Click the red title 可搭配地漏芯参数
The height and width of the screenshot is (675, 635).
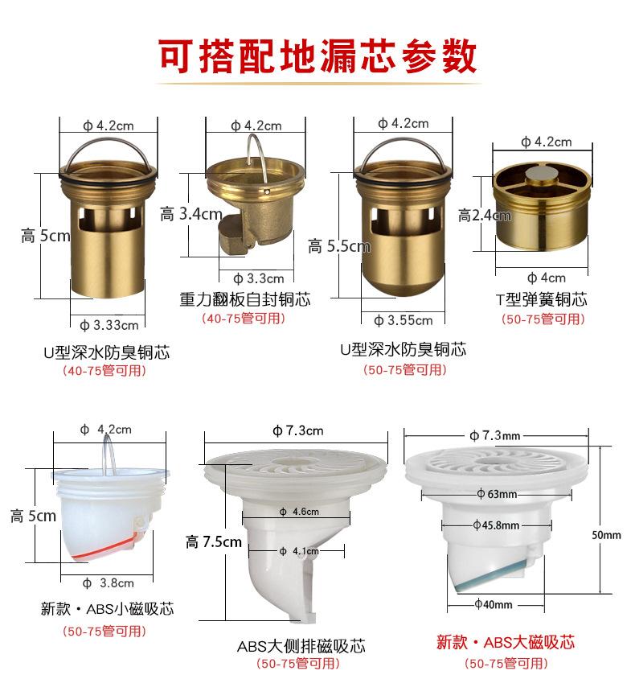[x=317, y=56]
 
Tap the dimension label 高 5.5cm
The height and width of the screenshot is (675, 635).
[x=339, y=247]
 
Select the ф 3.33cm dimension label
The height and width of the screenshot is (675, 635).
[x=109, y=325]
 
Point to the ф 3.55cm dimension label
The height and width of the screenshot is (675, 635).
[x=404, y=320]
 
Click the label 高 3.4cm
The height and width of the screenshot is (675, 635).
[x=191, y=214]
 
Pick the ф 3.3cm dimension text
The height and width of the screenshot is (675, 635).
[x=259, y=279]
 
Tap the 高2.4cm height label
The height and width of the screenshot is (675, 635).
[x=485, y=216]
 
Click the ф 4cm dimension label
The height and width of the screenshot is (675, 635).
[x=547, y=278]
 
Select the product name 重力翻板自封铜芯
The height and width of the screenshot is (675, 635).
[x=245, y=299]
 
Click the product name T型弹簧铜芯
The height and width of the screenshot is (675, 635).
[x=542, y=299]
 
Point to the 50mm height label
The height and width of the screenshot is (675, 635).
[x=606, y=535]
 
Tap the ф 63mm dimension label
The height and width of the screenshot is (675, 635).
[x=497, y=494]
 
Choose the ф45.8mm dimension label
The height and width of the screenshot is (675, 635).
[x=496, y=525]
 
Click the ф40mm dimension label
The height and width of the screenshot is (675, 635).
[x=494, y=604]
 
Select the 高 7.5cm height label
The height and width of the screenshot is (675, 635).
[x=213, y=542]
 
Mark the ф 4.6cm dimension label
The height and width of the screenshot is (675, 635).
[x=299, y=512]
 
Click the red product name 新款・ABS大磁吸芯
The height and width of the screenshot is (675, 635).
[x=506, y=642]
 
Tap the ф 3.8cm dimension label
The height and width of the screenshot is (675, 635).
[x=108, y=583]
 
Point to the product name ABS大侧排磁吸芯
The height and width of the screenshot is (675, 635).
[x=301, y=646]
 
